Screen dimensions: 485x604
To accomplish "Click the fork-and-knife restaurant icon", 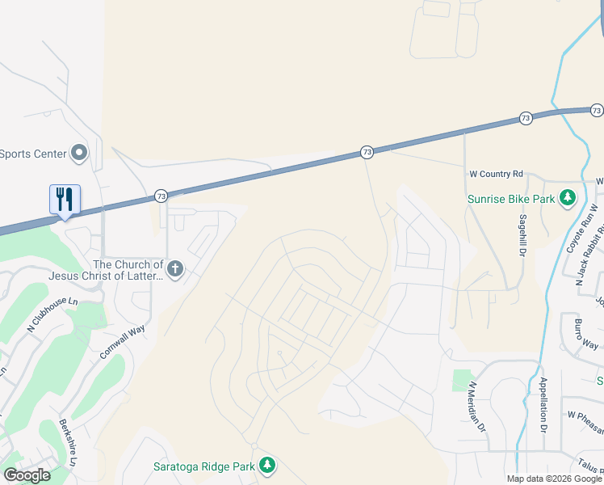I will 65,199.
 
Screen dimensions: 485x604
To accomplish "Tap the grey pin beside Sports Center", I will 79,152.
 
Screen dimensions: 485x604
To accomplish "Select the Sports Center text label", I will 32,153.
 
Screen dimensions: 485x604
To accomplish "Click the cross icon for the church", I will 174,268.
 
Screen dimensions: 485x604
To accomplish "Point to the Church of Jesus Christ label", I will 128,271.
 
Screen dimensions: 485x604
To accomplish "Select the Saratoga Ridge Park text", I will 203,466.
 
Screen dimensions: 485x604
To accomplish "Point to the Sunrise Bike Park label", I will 511,198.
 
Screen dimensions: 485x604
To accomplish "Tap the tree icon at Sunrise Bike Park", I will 568,197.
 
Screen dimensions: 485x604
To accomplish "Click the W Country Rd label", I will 497,174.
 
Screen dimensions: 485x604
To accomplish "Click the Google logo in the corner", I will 27,475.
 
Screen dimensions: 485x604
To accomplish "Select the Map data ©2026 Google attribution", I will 554,479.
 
